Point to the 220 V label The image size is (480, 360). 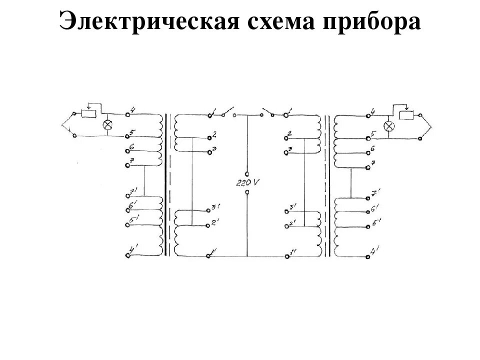pyautogui.click(x=247, y=183)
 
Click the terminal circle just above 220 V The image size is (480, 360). pyautogui.click(x=247, y=170)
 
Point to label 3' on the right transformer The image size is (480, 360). pyautogui.click(x=292, y=206)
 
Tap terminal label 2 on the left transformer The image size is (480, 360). pyautogui.click(x=214, y=134)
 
